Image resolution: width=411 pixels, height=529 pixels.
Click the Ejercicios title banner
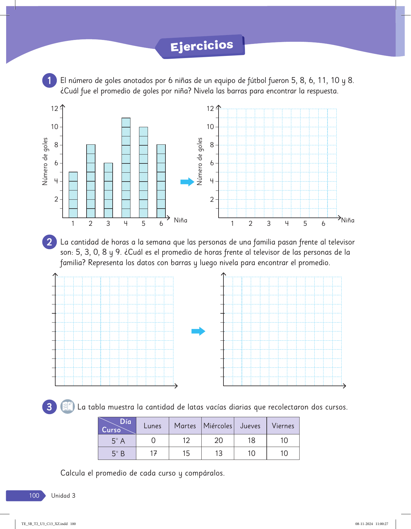[x=201, y=46]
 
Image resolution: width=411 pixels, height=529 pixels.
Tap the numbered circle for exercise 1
[x=49, y=80]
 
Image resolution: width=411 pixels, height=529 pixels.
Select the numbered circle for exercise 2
[x=49, y=242]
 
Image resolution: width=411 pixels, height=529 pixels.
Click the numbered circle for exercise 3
[x=49, y=407]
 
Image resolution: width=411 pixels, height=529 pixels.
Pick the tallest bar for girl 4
[x=126, y=168]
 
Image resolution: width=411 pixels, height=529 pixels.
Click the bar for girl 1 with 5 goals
[x=73, y=195]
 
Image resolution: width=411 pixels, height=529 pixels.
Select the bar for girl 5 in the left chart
[x=143, y=172]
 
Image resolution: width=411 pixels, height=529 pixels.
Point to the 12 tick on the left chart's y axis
[x=55, y=108]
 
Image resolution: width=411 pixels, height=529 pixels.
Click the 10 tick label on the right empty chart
[x=210, y=127]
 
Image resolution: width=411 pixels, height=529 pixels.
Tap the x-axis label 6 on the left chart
[x=161, y=224]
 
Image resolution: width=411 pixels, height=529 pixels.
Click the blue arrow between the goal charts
[x=187, y=182]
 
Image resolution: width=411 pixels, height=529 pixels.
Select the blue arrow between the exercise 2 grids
[x=198, y=331]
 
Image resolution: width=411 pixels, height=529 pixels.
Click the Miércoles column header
[x=218, y=426]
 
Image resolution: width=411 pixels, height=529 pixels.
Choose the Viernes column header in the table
[x=283, y=426]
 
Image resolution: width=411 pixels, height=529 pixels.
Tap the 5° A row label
[x=118, y=441]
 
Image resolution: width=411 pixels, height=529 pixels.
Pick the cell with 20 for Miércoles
[x=219, y=441]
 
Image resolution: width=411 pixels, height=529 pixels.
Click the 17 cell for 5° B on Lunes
[x=153, y=453]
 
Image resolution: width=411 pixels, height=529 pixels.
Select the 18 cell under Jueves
[x=251, y=441]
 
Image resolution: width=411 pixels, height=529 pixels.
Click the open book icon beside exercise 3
[x=67, y=407]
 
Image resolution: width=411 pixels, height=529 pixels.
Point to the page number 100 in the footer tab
[x=34, y=496]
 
